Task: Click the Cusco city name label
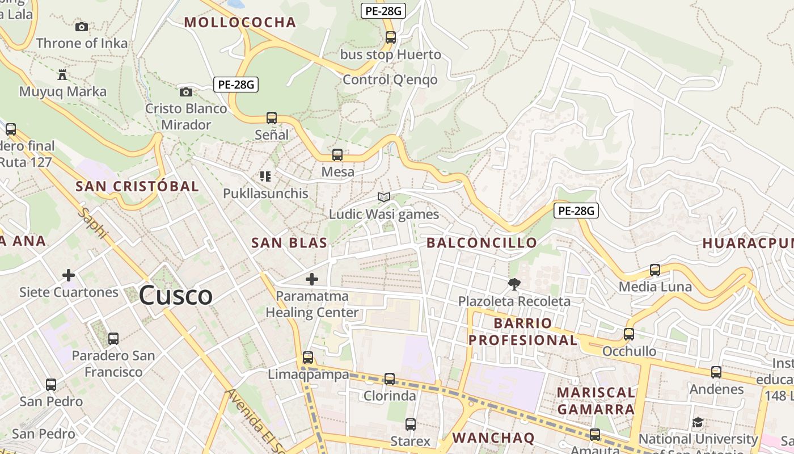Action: [x=176, y=296]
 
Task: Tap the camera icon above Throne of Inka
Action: [x=82, y=27]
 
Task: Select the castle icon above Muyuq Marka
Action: [x=62, y=74]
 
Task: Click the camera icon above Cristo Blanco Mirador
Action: [x=185, y=92]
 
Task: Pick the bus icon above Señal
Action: [x=272, y=118]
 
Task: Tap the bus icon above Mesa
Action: [x=337, y=155]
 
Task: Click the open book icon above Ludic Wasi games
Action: [x=384, y=197]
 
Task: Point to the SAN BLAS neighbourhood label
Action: [x=289, y=243]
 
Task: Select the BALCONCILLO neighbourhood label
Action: [x=482, y=243]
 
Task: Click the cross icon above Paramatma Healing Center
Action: [x=312, y=279]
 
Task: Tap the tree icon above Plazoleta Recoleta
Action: [x=514, y=284]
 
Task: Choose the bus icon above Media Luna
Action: [x=655, y=270]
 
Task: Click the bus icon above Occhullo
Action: [x=629, y=334]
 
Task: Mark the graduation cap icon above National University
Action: [x=698, y=423]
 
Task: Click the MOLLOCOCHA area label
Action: [x=240, y=23]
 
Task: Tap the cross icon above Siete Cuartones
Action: [x=69, y=276]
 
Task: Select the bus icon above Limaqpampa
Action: [x=308, y=358]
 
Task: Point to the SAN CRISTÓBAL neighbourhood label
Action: [x=137, y=186]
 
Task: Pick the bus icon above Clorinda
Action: [x=390, y=379]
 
